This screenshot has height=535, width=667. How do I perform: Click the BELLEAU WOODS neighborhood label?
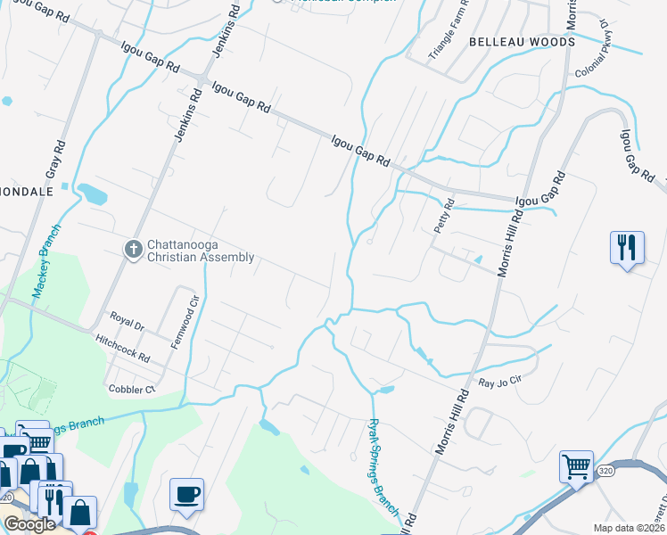click(522, 42)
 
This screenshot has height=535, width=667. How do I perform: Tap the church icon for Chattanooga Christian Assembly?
click(133, 249)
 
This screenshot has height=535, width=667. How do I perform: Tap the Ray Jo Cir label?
click(498, 383)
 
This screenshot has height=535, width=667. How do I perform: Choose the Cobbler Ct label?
click(132, 390)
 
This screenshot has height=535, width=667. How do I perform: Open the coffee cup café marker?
click(186, 494)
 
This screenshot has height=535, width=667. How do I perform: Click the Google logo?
click(29, 524)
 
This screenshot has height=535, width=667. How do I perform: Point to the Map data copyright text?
click(630, 528)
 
